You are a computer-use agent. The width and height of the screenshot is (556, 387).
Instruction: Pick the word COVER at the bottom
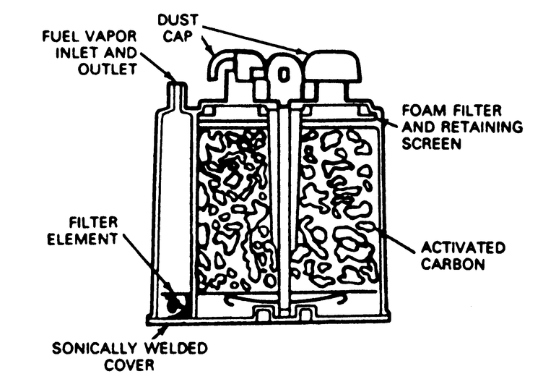[x=131, y=365]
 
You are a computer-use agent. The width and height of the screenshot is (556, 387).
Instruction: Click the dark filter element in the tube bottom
[x=174, y=305]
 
